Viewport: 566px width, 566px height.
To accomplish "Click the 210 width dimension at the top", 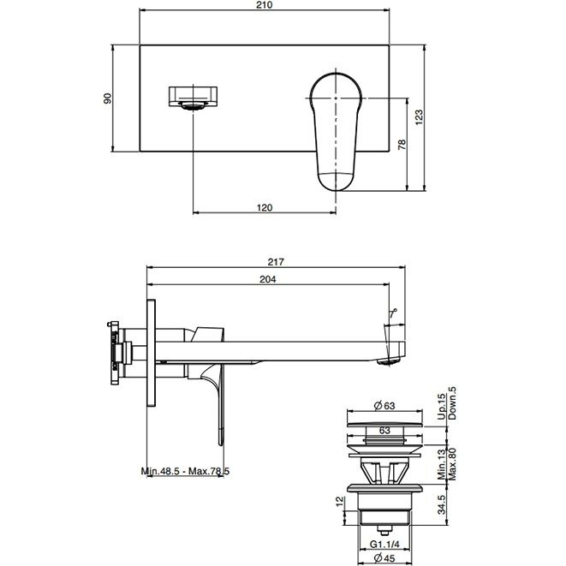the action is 265,5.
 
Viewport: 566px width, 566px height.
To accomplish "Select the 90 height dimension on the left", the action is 108,98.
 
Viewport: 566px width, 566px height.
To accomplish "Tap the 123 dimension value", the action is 419,117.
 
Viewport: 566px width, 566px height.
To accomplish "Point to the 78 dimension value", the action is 402,145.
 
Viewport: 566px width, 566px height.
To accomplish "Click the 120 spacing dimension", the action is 265,208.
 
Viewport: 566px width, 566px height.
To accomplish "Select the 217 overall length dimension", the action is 276,262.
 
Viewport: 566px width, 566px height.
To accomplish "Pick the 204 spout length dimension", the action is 268,279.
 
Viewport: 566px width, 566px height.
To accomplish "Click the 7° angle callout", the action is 393,313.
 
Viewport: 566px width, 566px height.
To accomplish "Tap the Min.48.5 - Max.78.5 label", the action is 185,471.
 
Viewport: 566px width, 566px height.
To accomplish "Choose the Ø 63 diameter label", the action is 384,406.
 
